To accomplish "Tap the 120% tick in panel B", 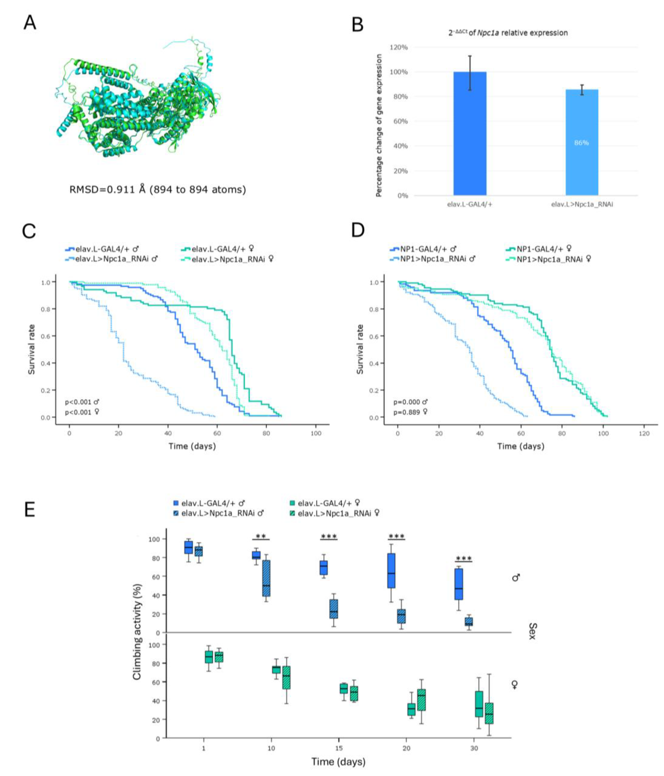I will [x=399, y=48].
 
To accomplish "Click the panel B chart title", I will [x=508, y=33].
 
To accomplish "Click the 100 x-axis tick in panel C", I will [x=316, y=433].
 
